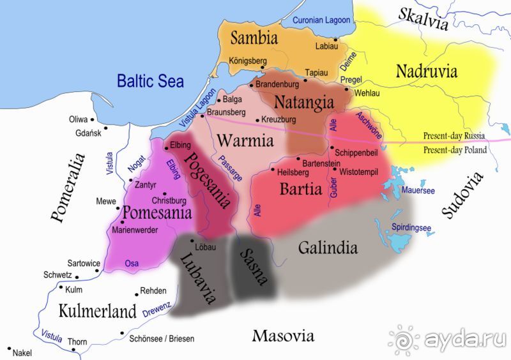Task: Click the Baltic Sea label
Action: pyautogui.click(x=150, y=81)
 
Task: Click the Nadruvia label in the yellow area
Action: pyautogui.click(x=427, y=71)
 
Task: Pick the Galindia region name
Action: pyautogui.click(x=328, y=248)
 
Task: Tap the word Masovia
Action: pyautogui.click(x=283, y=336)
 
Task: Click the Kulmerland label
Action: pyautogui.click(x=98, y=311)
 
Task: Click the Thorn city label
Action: pyautogui.click(x=77, y=342)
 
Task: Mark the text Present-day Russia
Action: pyautogui.click(x=454, y=136)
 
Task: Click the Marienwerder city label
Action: pyautogui.click(x=135, y=230)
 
